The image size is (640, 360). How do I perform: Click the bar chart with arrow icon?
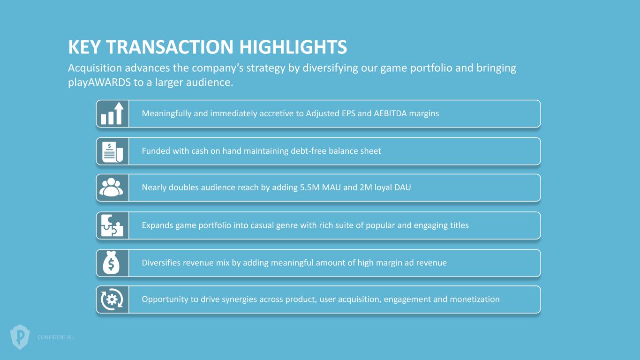click(112, 113)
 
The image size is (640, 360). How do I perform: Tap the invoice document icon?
click(112, 152)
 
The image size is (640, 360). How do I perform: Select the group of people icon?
click(111, 187)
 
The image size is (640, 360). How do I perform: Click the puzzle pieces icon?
click(112, 225)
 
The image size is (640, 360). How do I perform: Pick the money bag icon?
click(111, 262)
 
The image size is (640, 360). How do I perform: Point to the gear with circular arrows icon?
click(112, 300)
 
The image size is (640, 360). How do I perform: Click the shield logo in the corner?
click(20, 337)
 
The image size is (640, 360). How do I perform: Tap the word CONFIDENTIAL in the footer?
click(55, 337)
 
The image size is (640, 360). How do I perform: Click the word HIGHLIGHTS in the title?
click(293, 47)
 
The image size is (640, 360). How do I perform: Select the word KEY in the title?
click(84, 47)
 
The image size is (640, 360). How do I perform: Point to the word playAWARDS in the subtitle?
click(99, 82)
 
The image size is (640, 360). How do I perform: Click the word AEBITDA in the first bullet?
click(390, 113)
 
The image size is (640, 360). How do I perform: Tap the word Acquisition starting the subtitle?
click(95, 68)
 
